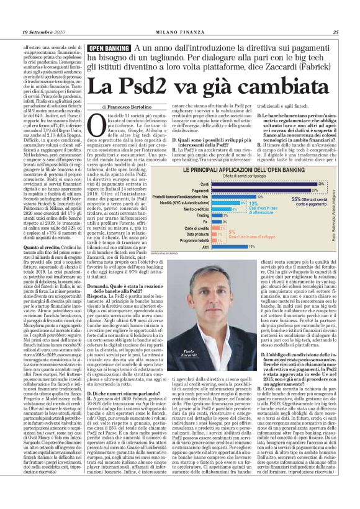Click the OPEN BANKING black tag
click(109, 48)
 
